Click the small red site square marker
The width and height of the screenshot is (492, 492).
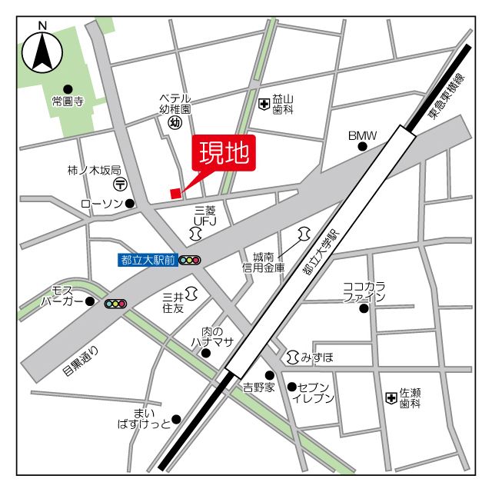(176, 193)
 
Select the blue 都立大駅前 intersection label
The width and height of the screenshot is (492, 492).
(148, 260)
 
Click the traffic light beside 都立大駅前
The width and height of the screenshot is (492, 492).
(189, 261)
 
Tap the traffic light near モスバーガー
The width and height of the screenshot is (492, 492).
(115, 304)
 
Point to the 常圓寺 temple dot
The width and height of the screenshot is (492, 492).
(68, 89)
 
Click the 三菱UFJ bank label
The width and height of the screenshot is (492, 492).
(205, 215)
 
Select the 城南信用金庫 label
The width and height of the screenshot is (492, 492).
(264, 262)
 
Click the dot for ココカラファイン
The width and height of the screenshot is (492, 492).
(364, 309)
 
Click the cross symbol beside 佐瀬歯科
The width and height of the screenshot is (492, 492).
(391, 397)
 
